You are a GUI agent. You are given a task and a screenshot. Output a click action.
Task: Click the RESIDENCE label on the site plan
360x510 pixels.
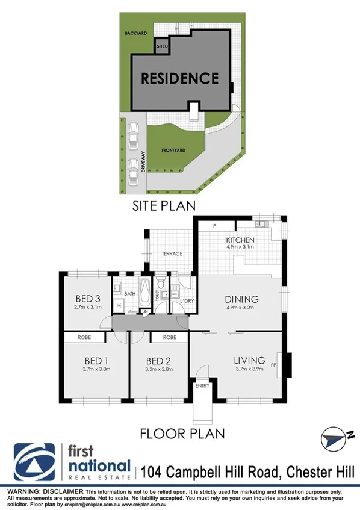[x=180, y=78]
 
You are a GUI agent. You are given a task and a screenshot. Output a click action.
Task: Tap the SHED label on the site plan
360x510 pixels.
[x=161, y=46]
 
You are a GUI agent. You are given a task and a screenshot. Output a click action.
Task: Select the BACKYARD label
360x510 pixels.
[x=136, y=33]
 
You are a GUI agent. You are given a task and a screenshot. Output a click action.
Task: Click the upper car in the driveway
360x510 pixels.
[x=133, y=134]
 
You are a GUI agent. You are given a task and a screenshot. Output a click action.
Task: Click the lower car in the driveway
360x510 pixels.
[x=133, y=170]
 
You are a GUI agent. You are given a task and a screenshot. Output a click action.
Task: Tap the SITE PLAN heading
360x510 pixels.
[x=163, y=205]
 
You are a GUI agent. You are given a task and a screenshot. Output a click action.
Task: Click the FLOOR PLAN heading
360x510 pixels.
[x=182, y=432]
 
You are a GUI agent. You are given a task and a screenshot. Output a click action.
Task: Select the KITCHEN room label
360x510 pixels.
[x=240, y=240]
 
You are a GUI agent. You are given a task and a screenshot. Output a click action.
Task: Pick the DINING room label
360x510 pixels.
[x=241, y=299]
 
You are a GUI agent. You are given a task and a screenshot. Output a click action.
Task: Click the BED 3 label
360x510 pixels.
[x=87, y=299]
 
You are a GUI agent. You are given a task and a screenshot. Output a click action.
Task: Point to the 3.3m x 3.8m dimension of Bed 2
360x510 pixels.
[x=160, y=369]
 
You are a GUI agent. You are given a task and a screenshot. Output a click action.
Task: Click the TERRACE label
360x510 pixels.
[x=172, y=253]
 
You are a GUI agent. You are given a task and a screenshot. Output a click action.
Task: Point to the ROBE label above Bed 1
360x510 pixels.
[x=84, y=338]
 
